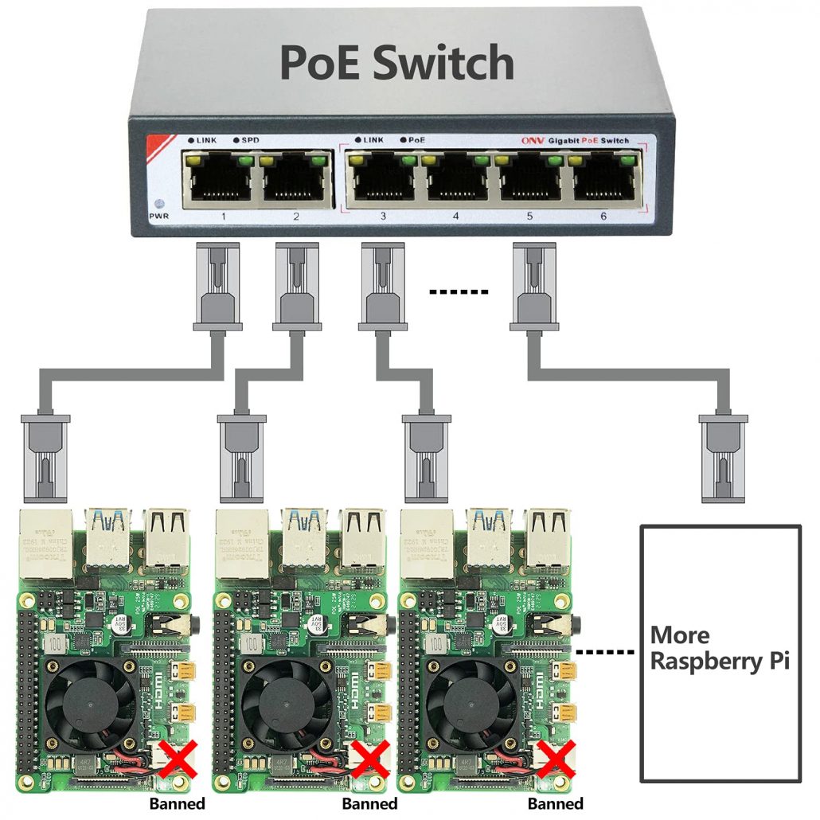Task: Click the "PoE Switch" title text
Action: pyautogui.click(x=396, y=62)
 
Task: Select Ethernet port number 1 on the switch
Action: pyautogui.click(x=216, y=179)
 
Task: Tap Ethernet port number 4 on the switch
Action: pyautogui.click(x=456, y=179)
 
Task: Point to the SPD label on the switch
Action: pyautogui.click(x=252, y=141)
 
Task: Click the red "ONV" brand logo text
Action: pyautogui.click(x=531, y=141)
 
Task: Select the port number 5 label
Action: pyautogui.click(x=530, y=217)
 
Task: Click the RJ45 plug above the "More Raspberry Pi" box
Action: pyautogui.click(x=722, y=459)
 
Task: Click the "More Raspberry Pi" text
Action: pyautogui.click(x=720, y=648)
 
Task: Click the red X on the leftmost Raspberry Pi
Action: pyautogui.click(x=179, y=759)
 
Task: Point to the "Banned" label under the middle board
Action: pyautogui.click(x=369, y=803)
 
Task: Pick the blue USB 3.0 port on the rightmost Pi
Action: pyautogui.click(x=488, y=537)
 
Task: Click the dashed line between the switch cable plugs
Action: pyautogui.click(x=458, y=292)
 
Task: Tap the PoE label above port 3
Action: pyautogui.click(x=417, y=140)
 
